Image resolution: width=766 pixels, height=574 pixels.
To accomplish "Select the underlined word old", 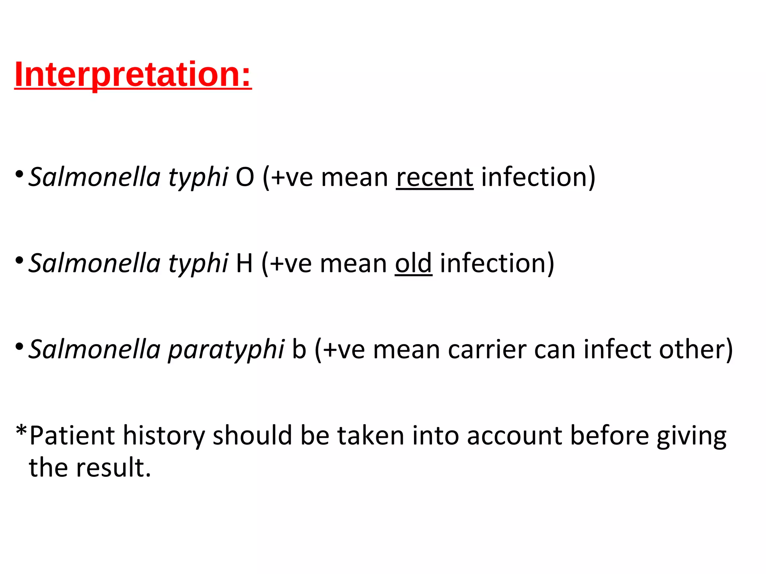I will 413,263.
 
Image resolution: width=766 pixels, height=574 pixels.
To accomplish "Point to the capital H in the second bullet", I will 244,263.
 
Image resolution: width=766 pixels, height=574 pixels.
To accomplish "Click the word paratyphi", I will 226,350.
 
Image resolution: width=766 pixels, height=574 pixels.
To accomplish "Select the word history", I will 164,436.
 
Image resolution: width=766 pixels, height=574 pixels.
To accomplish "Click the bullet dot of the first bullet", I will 20,174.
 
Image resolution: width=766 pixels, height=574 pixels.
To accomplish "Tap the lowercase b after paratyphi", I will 299,350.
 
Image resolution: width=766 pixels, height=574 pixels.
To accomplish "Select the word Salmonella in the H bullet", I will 95,263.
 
